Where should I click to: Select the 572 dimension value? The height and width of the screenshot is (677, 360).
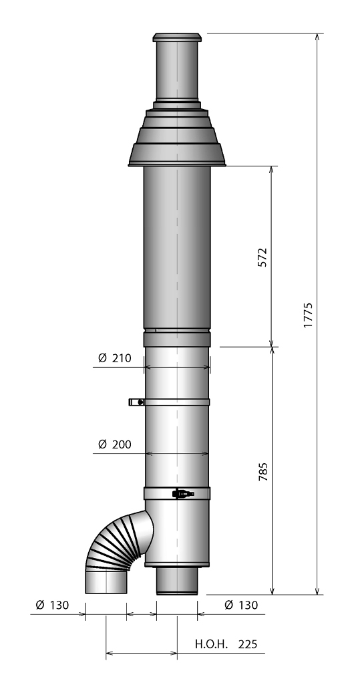(262, 257)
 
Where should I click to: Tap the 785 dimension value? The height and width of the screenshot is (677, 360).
(262, 471)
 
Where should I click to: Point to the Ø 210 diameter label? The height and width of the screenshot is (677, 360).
(112, 358)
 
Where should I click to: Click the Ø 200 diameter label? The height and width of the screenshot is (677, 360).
(112, 444)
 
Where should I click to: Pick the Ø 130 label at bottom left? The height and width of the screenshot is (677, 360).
(51, 605)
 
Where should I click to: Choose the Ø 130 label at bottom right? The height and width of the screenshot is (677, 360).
(238, 605)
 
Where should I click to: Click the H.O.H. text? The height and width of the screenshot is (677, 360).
(212, 645)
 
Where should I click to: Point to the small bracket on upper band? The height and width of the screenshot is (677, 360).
(136, 402)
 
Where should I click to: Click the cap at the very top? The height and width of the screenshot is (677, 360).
(176, 37)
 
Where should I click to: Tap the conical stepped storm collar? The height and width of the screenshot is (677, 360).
(176, 140)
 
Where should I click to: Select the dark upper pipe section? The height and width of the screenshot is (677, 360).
(176, 247)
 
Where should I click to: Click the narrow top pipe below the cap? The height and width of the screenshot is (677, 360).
(176, 70)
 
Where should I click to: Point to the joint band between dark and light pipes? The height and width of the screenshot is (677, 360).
(176, 339)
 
